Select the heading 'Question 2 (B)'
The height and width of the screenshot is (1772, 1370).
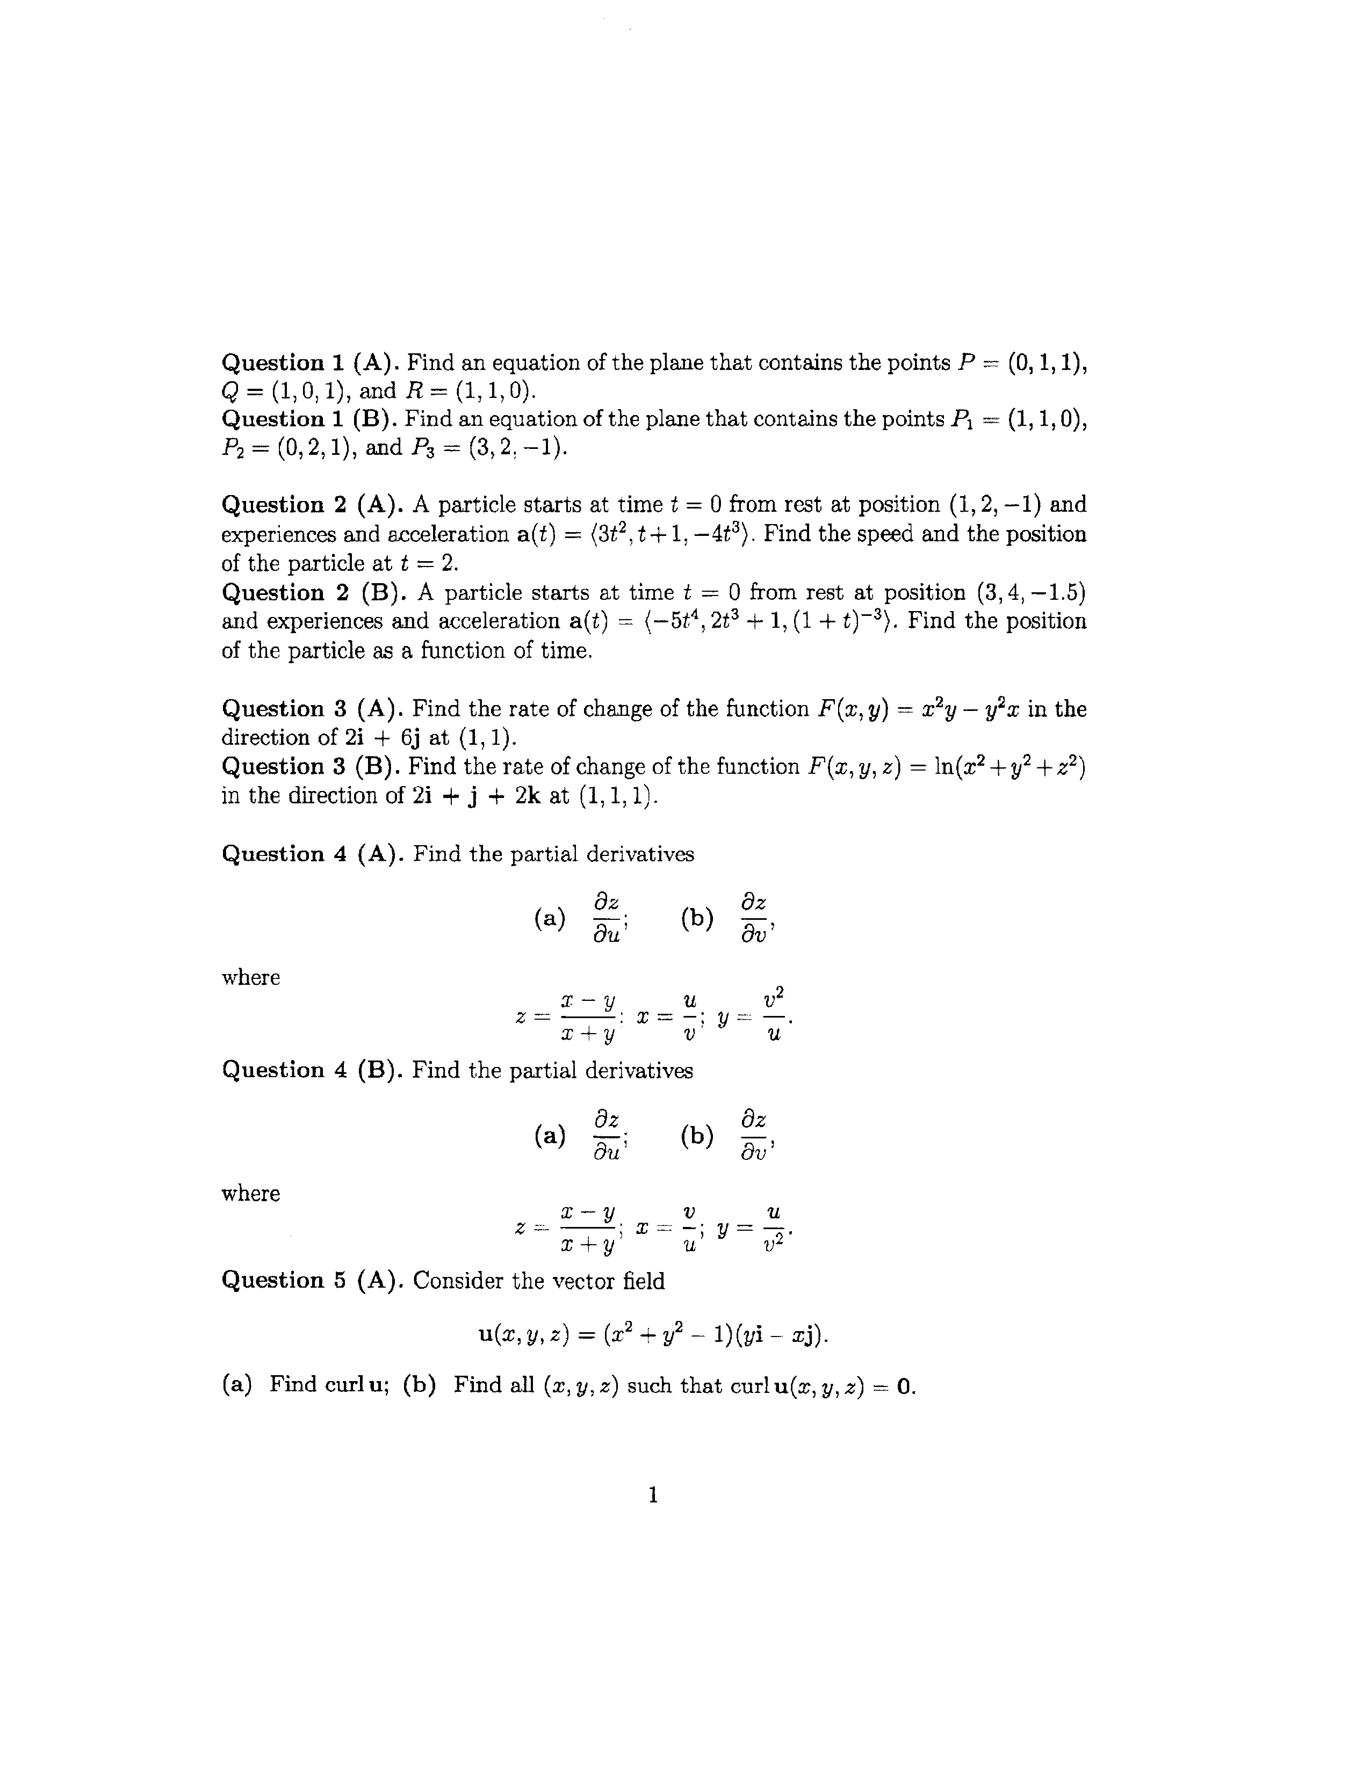[x=313, y=593]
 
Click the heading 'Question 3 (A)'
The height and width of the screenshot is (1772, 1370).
[x=313, y=709]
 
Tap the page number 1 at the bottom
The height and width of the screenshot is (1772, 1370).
[x=653, y=1494]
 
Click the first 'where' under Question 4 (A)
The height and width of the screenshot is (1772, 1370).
[x=251, y=978]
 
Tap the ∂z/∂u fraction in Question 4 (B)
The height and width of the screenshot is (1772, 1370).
[x=606, y=1136]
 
